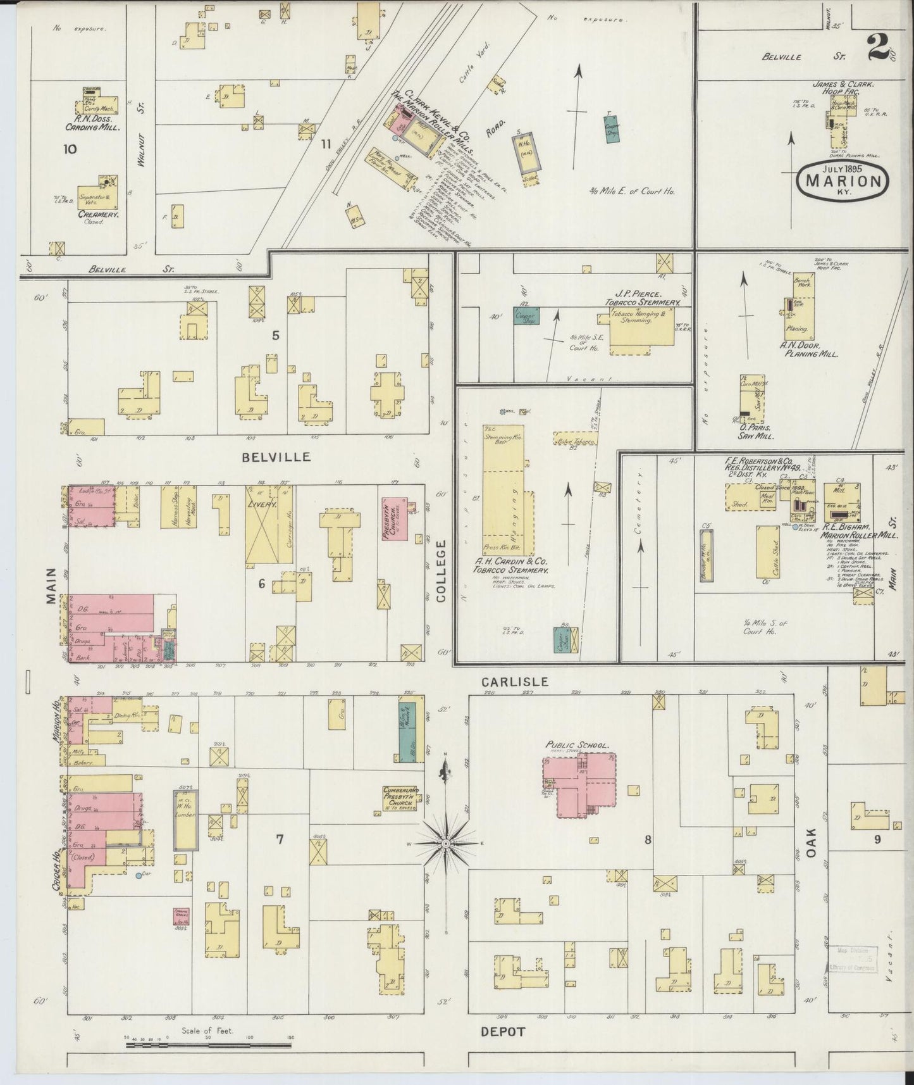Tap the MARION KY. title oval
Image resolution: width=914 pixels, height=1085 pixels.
843,180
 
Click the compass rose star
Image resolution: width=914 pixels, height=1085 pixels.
447,844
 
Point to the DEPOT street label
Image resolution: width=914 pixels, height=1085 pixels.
503,1032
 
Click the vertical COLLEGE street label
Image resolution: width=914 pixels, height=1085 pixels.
442,570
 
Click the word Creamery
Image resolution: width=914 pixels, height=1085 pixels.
99,215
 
